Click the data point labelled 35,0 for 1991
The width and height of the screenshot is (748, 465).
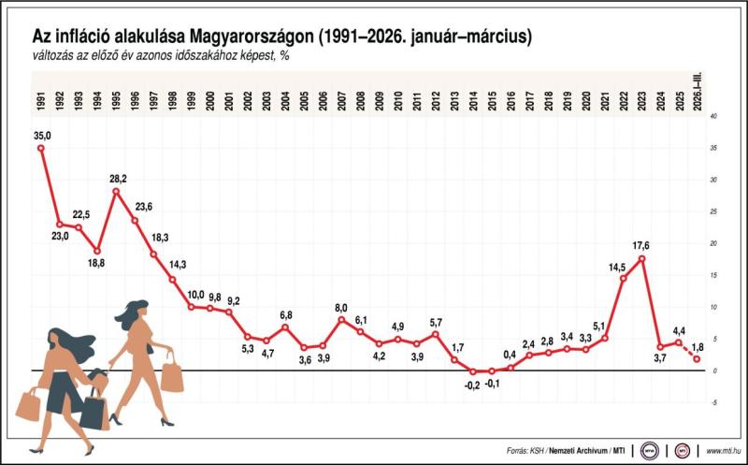tap(40, 148)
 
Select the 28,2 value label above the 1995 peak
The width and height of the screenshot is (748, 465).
tap(117, 178)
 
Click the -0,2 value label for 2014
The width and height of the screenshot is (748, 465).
tap(472, 385)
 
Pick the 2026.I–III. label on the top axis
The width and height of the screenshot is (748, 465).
tap(698, 94)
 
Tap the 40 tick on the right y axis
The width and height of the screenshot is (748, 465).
tap(713, 116)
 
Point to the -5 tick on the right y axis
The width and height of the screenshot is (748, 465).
tap(713, 402)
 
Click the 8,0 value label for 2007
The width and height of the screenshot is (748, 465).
tap(341, 307)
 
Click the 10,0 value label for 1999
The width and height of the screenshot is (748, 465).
tap(195, 295)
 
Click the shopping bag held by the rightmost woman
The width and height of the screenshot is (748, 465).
tap(172, 376)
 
